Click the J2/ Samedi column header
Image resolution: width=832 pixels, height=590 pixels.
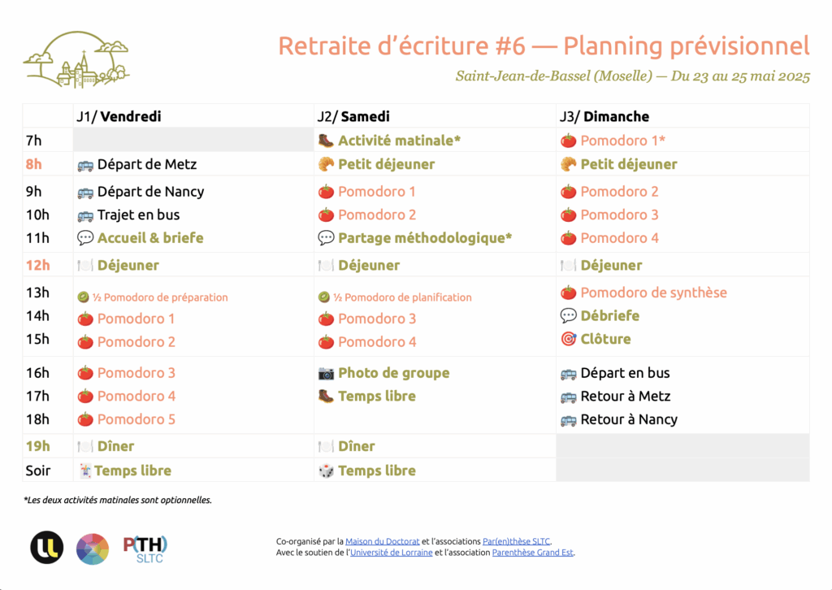(353, 116)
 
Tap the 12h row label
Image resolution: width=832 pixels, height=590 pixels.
(37, 265)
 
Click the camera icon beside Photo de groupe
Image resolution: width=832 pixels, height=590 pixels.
(326, 374)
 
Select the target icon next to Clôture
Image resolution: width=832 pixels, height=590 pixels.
(568, 339)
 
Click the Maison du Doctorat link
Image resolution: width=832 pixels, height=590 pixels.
(383, 541)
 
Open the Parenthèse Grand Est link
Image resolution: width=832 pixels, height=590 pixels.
(533, 553)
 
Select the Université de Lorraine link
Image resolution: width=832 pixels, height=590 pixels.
(391, 553)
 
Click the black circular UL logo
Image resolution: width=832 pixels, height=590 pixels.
(46, 548)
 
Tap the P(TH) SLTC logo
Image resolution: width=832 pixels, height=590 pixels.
(145, 549)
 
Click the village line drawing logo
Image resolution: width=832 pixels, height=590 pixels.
(76, 59)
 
